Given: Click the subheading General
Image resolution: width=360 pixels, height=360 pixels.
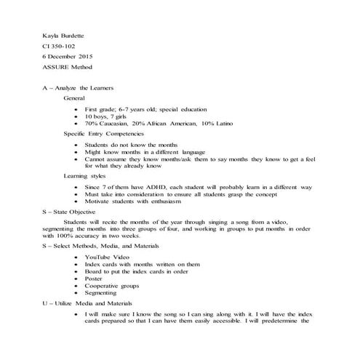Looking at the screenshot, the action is [x=74, y=97].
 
